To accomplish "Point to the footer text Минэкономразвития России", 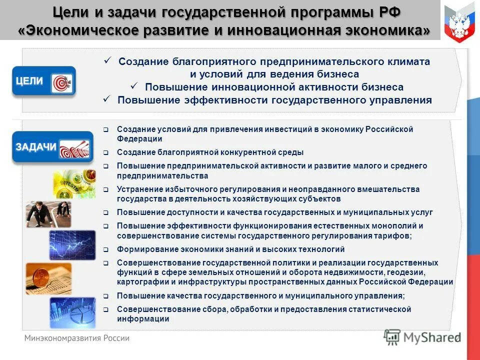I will tap(77, 338).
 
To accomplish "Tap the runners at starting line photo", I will tap(48, 214).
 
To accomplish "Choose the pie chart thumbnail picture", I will tap(72, 312).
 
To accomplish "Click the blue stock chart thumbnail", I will tap(72, 245).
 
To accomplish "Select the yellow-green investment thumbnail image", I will tap(74, 184).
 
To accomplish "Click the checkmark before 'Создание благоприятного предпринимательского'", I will tap(106, 60).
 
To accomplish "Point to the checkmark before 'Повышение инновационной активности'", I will tap(133, 86).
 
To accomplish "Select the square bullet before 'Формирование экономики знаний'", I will tap(106, 249).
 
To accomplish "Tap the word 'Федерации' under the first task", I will tap(139, 139).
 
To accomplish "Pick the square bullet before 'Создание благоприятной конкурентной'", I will tap(106, 152).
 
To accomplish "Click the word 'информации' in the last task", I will tap(142, 318).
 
